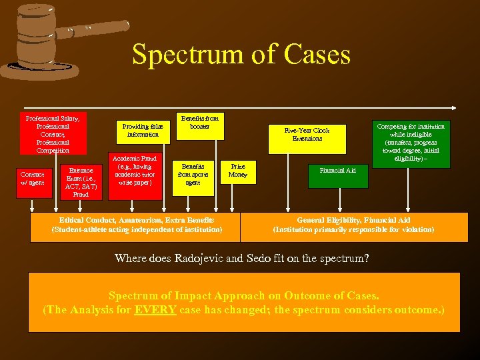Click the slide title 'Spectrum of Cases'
click(241, 55)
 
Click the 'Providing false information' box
click(143, 131)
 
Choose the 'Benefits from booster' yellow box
click(199, 123)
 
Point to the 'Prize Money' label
click(237, 171)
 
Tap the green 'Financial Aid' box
click(337, 171)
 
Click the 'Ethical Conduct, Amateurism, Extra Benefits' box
click(136, 225)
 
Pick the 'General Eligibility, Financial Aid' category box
click(353, 225)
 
